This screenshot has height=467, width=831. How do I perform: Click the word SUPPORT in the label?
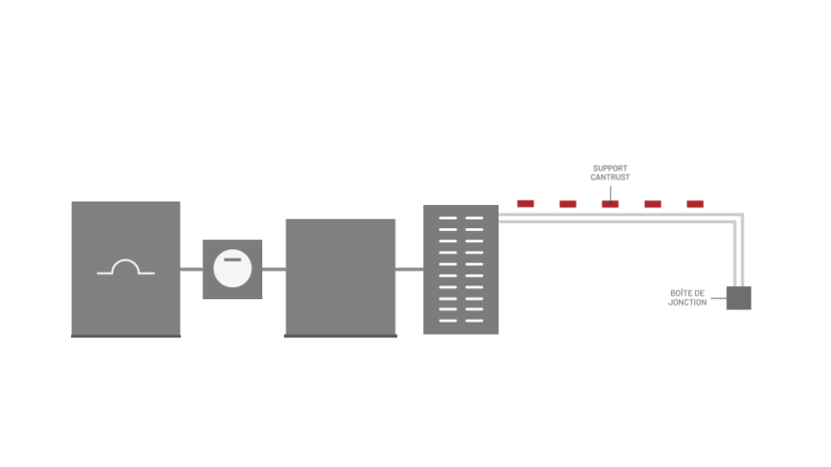pos(610,169)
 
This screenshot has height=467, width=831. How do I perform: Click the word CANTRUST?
pos(610,177)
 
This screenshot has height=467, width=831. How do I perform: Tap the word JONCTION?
pos(687,303)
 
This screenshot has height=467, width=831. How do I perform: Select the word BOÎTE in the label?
pos(681,293)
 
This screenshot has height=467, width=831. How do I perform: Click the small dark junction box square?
pos(738,298)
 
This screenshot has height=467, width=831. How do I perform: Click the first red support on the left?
pos(525,204)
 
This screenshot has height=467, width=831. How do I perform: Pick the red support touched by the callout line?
pos(610,204)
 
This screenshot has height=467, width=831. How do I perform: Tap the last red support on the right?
pos(695,204)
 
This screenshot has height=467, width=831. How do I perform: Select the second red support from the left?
pos(568,204)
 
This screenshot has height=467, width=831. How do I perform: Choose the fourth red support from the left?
pos(653,204)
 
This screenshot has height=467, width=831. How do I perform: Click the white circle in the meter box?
pos(233,268)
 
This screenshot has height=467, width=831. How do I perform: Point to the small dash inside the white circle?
pos(233,259)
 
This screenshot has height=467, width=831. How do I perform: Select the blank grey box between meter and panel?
pos(341,278)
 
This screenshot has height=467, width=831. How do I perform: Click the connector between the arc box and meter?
pos(191,270)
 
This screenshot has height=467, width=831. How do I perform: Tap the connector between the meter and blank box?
pos(274,270)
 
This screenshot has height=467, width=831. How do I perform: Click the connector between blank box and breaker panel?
pos(409,270)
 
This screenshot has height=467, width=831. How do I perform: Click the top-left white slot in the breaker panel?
pos(448,218)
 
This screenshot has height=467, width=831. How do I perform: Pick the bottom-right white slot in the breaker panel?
pos(474,321)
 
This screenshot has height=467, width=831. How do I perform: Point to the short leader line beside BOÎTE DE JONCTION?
pos(718,298)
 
